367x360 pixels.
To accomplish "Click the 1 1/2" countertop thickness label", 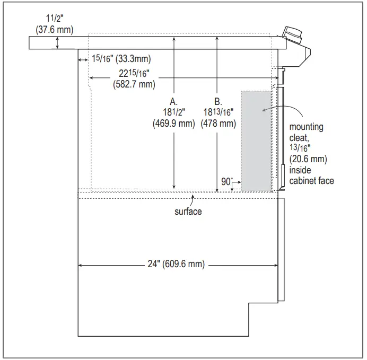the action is point(55,18).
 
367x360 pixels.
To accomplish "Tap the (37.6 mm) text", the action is point(55,30).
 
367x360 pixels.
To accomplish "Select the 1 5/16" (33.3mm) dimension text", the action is point(121,58).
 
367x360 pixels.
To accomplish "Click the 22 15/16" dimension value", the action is point(134,73).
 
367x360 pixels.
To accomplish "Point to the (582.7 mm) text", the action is point(134,84).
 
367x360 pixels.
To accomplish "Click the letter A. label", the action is point(173,101).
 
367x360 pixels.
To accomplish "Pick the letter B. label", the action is point(218,101).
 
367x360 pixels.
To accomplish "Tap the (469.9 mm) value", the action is point(173,124).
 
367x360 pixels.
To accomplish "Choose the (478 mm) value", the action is point(218,124).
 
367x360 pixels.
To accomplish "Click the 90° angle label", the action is point(227,181).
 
